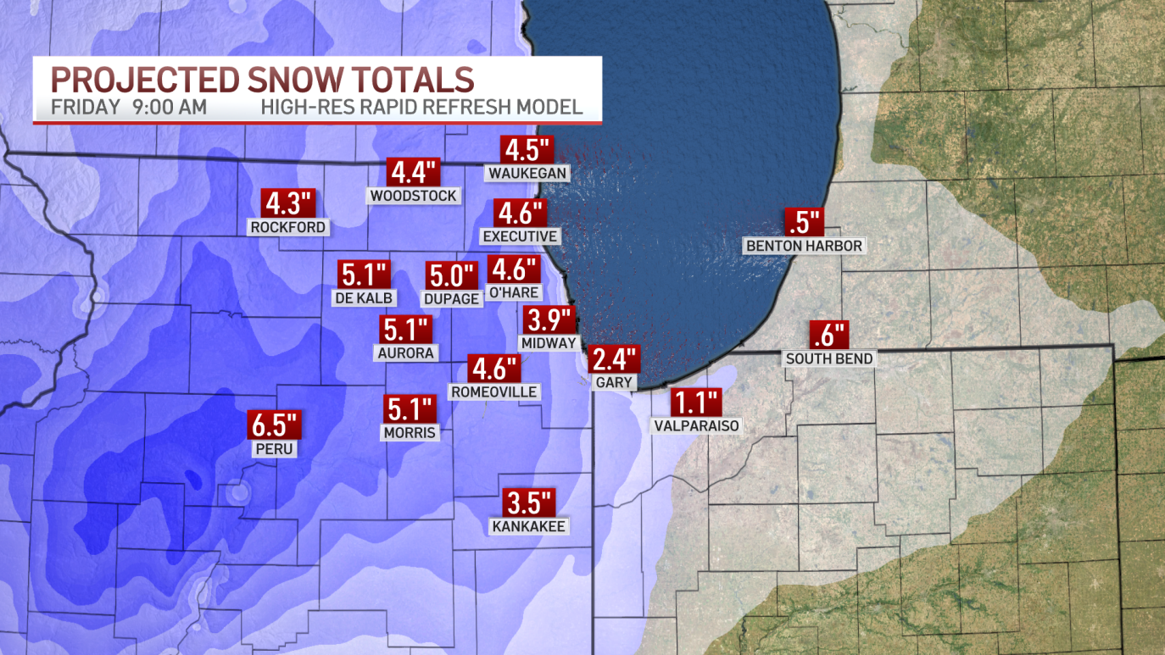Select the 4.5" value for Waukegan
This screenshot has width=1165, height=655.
(527, 150)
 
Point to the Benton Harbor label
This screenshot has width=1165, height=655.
(804, 246)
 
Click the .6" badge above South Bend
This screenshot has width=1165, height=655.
(829, 336)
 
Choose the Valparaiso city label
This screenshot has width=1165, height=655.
(697, 425)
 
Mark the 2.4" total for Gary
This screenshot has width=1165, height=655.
(615, 359)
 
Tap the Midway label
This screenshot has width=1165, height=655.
(549, 343)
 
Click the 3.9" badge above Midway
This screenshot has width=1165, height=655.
(550, 320)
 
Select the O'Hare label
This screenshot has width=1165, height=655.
(513, 292)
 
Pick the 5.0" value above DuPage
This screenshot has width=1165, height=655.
(451, 275)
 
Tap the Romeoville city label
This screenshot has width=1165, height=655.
(494, 391)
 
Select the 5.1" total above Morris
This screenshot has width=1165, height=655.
(410, 410)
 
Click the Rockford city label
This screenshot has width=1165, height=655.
(288, 226)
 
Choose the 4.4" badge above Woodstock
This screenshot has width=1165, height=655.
(413, 173)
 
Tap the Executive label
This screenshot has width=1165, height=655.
(520, 236)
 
